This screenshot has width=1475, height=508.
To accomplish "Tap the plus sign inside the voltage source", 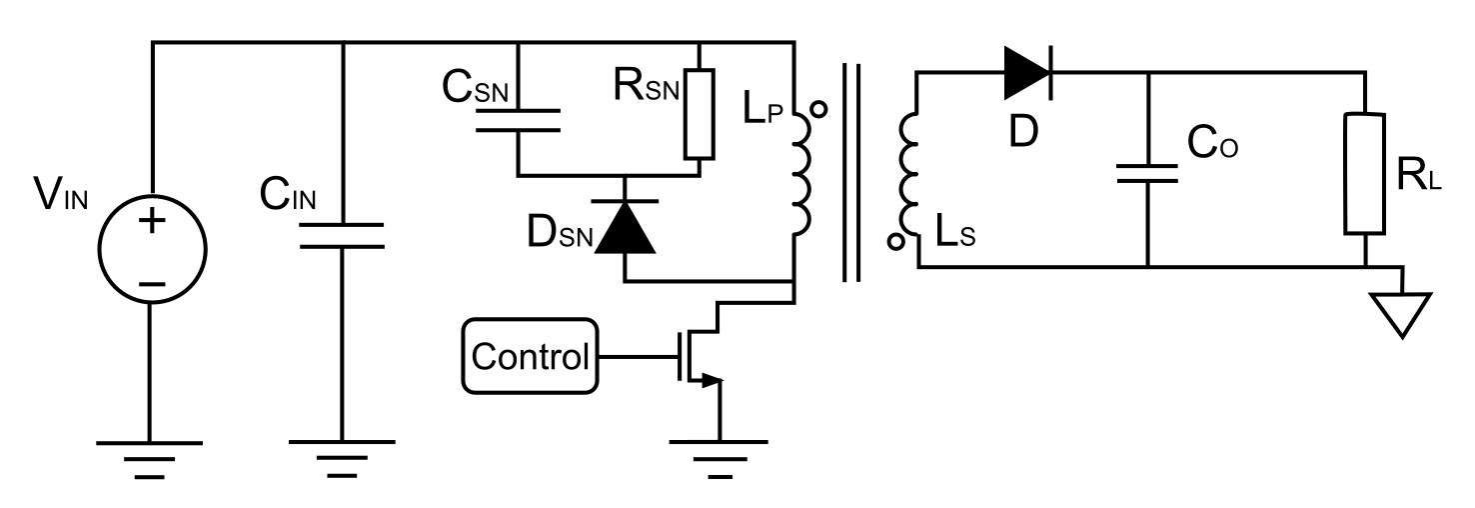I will pyautogui.click(x=152, y=220).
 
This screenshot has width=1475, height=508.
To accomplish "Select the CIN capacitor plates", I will pyautogui.click(x=341, y=236).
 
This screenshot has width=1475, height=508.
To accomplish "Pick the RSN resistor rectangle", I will pyautogui.click(x=700, y=114).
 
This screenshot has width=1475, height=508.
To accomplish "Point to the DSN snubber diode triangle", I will pyautogui.click(x=625, y=227).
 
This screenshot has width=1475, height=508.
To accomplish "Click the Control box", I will pyautogui.click(x=530, y=355).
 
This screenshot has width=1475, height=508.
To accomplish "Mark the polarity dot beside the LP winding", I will pyautogui.click(x=817, y=111).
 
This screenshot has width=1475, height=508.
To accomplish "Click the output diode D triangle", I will pyautogui.click(x=1026, y=71).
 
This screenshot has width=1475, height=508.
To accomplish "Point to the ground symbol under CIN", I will pyautogui.click(x=341, y=452).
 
